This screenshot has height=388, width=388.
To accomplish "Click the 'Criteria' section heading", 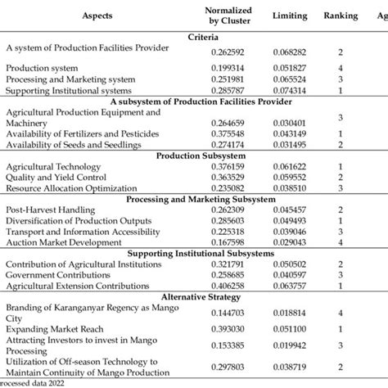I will (203, 37).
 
